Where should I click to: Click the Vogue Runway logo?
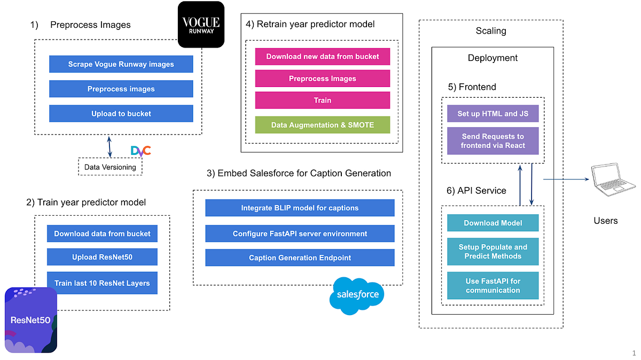coord(201,25)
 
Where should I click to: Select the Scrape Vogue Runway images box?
coord(121,64)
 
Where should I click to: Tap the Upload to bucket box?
coord(121,113)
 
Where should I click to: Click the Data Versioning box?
coord(111,167)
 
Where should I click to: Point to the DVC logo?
coord(141,151)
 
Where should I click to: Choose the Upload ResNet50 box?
coord(102,257)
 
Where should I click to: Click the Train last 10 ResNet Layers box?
coord(102,283)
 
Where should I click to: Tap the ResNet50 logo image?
coord(31,320)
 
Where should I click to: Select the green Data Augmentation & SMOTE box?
coord(322,125)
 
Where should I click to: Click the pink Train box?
coord(322,100)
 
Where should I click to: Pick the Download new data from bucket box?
coord(322,57)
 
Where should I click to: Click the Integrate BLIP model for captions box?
coord(300,208)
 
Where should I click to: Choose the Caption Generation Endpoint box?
coord(300,257)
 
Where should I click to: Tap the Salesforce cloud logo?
coord(357,294)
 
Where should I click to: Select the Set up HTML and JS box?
coord(493,113)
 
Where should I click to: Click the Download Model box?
coord(493,223)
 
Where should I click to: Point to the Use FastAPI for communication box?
coord(493,285)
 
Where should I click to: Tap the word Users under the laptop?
coord(606,220)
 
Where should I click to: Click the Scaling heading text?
coord(490,31)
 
